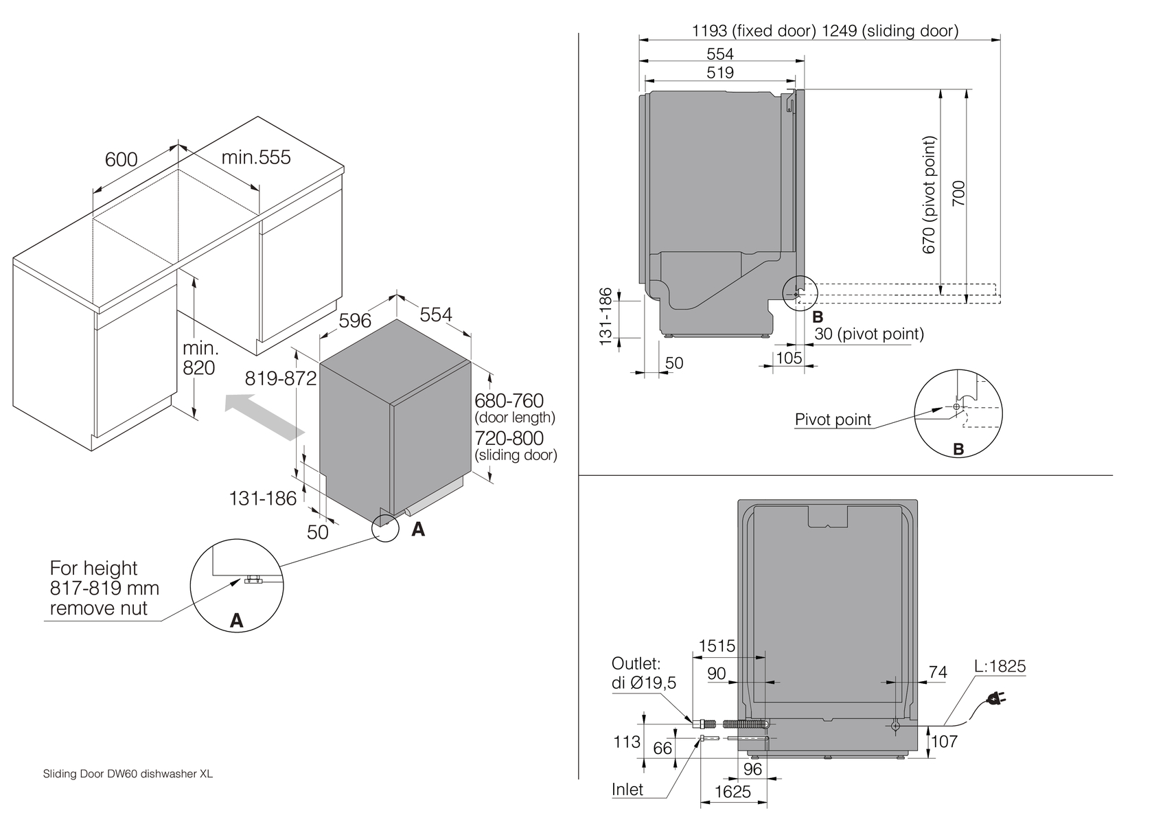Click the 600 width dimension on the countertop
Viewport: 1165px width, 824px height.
(122, 159)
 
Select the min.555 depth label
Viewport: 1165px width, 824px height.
(256, 157)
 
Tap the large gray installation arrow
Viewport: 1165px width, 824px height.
(264, 416)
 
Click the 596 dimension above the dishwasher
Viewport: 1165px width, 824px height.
(355, 320)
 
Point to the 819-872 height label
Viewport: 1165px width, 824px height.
(281, 378)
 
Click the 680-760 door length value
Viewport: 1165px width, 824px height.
(509, 400)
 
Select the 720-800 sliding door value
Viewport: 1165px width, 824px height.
(509, 438)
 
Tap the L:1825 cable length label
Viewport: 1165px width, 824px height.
(1000, 666)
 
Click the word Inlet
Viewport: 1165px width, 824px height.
(627, 790)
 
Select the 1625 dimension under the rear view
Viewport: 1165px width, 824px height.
(733, 792)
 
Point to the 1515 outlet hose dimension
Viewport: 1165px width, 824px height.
(717, 646)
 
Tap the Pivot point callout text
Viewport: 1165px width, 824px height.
(833, 420)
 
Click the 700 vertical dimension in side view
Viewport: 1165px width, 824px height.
(959, 194)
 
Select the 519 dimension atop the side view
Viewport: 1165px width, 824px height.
(720, 73)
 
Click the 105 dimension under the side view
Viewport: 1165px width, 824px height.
(789, 358)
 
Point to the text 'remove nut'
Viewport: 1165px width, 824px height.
(99, 608)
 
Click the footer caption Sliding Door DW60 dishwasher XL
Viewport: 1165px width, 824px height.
(128, 774)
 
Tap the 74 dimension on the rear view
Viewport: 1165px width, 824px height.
(937, 672)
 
